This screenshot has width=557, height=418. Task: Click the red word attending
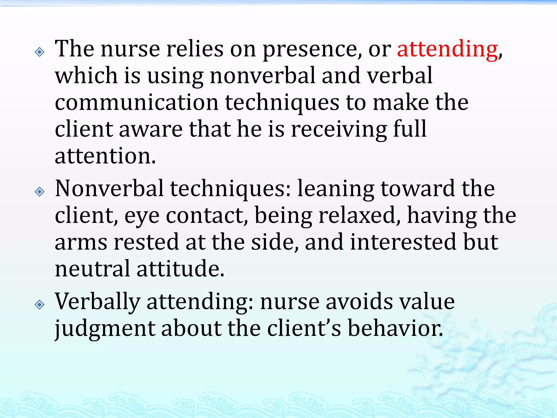(x=447, y=50)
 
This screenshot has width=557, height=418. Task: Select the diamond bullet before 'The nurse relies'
(x=40, y=52)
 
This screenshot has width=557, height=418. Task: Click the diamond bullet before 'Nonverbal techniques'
(x=40, y=192)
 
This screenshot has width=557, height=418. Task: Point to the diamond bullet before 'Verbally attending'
(x=40, y=305)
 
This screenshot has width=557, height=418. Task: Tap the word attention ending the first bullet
(x=105, y=156)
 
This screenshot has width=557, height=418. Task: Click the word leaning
(x=336, y=189)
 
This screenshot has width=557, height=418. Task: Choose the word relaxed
(x=359, y=215)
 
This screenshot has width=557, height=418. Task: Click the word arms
(x=81, y=242)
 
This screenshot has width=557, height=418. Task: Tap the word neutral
(x=92, y=269)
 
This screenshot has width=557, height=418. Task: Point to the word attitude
(x=180, y=269)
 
